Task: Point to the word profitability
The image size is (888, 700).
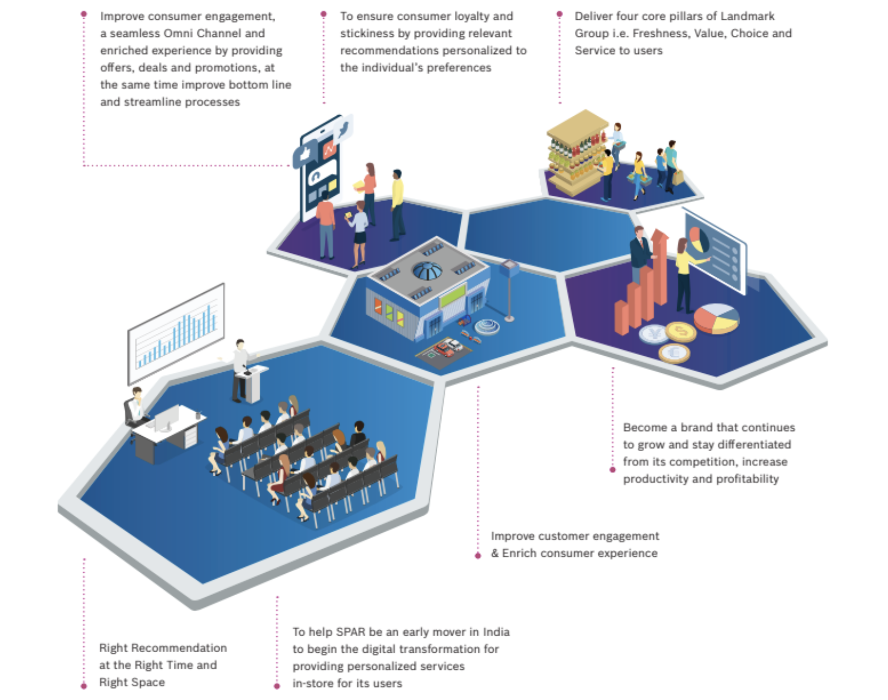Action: click(x=747, y=479)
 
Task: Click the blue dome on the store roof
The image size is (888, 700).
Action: click(x=427, y=271)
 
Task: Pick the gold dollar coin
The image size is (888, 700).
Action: click(x=681, y=331)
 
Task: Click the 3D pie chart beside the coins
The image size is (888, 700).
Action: click(x=717, y=318)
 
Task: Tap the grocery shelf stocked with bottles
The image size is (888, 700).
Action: click(x=575, y=153)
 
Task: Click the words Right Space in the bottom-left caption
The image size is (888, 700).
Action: click(x=132, y=682)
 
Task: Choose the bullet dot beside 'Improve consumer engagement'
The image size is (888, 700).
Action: click(x=84, y=15)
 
